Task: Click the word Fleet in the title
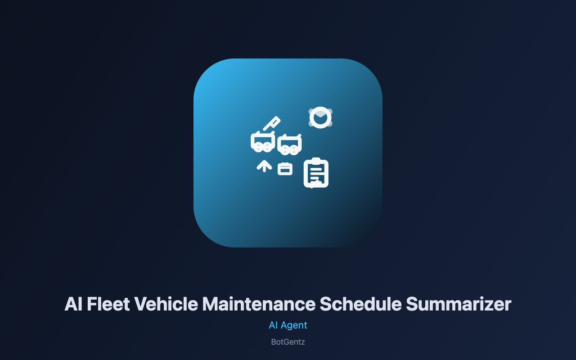tap(108, 304)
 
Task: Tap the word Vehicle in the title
tap(166, 304)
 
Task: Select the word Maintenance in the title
tap(259, 304)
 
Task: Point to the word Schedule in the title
tap(360, 304)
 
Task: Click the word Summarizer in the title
tap(459, 304)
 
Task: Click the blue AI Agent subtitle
tap(288, 325)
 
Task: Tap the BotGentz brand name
tap(288, 342)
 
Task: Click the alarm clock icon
tap(320, 117)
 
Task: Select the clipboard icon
tap(316, 173)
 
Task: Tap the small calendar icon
tap(285, 169)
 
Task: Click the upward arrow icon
tap(264, 166)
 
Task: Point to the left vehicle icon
tap(263, 142)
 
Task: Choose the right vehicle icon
tap(289, 144)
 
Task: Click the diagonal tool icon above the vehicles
tap(271, 124)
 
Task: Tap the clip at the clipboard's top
tap(316, 160)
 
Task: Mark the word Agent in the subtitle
tap(294, 325)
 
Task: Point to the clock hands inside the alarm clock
tap(320, 117)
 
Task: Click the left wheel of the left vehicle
tap(259, 148)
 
